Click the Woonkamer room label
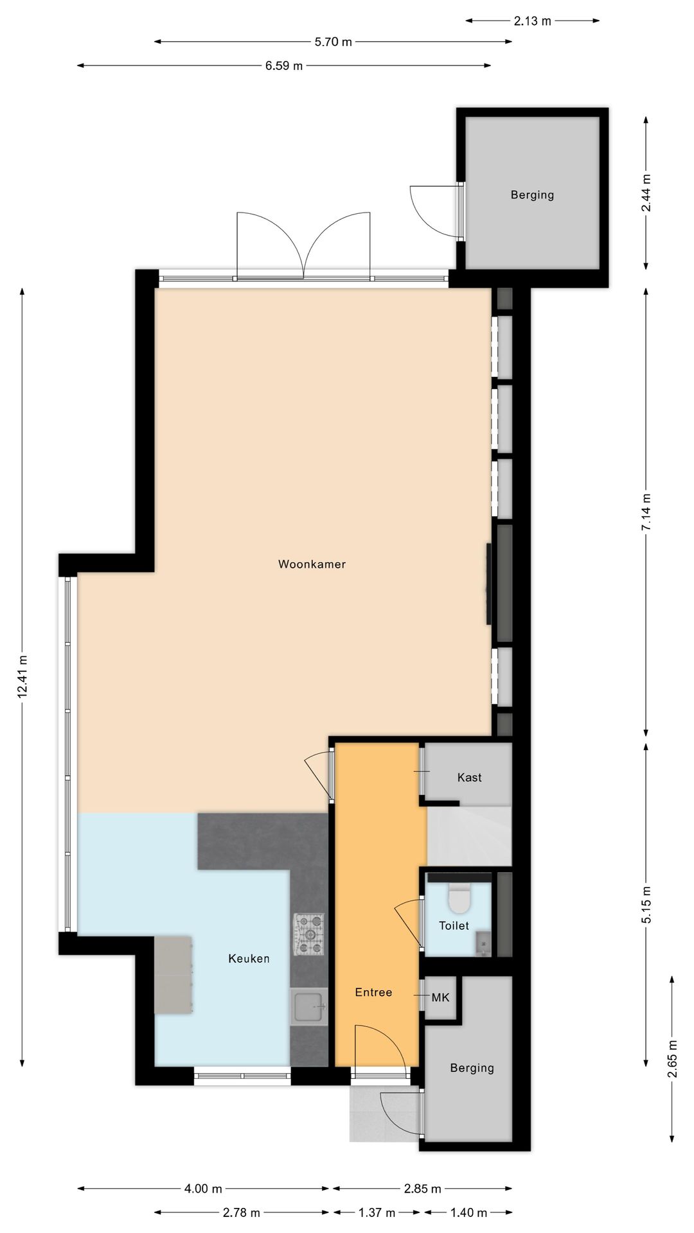(312, 564)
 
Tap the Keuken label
(249, 959)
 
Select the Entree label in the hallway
(373, 992)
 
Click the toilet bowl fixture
(459, 899)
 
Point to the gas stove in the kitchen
(309, 934)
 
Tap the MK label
(440, 997)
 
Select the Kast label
(469, 778)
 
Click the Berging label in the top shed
(532, 195)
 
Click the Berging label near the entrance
(472, 1068)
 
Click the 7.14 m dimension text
(646, 511)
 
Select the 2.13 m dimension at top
(532, 21)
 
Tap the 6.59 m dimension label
(283, 66)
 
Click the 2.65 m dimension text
(672, 1056)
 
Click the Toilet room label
(454, 925)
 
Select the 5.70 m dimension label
(333, 42)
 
